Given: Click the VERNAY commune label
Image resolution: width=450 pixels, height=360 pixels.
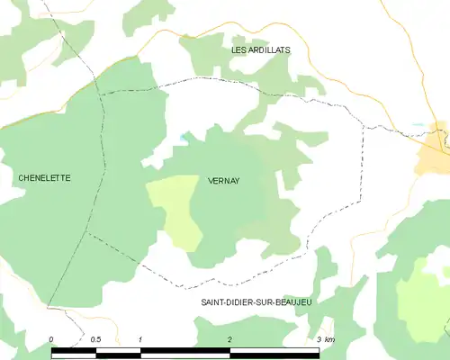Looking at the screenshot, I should tap(223, 180).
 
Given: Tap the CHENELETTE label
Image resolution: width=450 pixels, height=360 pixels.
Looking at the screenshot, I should tap(44, 178).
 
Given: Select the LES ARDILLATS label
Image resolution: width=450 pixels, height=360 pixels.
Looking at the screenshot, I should tap(261, 50).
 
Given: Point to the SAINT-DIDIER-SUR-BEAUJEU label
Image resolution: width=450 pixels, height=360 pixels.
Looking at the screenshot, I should tap(256, 303).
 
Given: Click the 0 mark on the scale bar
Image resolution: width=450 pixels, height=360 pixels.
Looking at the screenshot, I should tap(51, 339).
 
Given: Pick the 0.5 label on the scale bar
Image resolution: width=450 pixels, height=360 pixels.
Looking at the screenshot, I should tap(96, 339).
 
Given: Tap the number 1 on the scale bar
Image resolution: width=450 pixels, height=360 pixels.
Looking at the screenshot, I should tap(141, 339).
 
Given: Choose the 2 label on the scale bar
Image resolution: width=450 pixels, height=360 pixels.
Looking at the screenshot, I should tap(230, 339).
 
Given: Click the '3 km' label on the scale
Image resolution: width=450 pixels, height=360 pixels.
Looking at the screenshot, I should tap(325, 339).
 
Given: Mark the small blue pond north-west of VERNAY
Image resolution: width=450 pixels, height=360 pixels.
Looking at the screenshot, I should tap(184, 137).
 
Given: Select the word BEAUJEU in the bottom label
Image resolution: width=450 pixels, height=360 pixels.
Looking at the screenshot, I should tap(292, 303).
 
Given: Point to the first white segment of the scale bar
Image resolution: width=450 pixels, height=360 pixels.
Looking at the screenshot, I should tap(74, 352).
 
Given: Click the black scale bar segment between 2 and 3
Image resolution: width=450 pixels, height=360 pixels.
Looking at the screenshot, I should tap(274, 352).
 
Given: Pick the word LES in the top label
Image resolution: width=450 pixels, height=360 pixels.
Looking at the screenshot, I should tap(238, 50).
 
